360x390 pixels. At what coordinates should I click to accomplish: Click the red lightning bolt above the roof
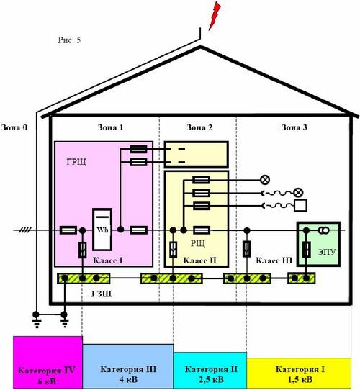pyautogui.click(x=215, y=15)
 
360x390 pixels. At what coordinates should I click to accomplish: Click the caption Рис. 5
pyautogui.click(x=69, y=40)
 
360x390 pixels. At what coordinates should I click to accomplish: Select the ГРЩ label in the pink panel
pyautogui.click(x=76, y=162)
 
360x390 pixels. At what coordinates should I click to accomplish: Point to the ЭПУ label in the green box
pyautogui.click(x=327, y=252)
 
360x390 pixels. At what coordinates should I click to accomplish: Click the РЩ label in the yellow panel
pyautogui.click(x=198, y=242)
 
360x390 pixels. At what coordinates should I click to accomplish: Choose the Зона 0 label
pyautogui.click(x=14, y=127)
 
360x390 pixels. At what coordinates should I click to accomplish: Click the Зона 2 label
pyautogui.click(x=199, y=127)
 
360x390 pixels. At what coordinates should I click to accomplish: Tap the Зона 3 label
pyautogui.click(x=294, y=127)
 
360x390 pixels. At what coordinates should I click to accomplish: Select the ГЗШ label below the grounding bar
pyautogui.click(x=102, y=294)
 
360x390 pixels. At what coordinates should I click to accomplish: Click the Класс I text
pyautogui.click(x=107, y=260)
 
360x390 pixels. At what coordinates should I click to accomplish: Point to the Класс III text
pyautogui.click(x=274, y=260)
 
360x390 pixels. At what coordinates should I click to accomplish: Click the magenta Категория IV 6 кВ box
pyautogui.click(x=48, y=362)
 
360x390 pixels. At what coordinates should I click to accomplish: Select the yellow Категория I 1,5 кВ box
pyautogui.click(x=299, y=373)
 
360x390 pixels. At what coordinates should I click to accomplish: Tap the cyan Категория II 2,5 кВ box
pyautogui.click(x=210, y=370)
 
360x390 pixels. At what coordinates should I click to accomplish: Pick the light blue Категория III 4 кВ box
pyautogui.click(x=128, y=366)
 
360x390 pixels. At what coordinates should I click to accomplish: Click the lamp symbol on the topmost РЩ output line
pyautogui.click(x=265, y=179)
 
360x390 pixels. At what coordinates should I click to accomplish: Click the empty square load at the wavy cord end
pyautogui.click(x=300, y=206)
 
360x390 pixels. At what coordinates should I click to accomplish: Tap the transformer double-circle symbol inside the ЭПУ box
pyautogui.click(x=324, y=230)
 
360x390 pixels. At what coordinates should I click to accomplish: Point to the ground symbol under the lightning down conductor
pyautogui.click(x=36, y=321)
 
